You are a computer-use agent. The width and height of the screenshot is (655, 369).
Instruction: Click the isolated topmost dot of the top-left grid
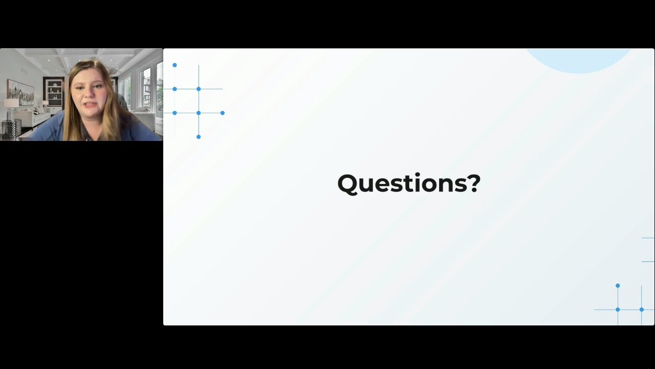point(174,65)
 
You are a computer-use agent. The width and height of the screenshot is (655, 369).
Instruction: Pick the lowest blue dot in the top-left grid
point(199,137)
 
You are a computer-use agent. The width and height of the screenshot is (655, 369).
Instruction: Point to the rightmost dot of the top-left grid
point(223,113)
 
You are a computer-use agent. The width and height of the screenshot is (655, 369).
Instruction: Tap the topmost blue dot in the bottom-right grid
point(618,285)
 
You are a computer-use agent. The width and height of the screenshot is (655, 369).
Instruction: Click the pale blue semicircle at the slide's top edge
point(579,60)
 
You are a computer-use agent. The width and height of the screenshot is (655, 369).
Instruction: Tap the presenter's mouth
point(90,105)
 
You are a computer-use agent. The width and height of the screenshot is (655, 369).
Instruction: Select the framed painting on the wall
point(21,92)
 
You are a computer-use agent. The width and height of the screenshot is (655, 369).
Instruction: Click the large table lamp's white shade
point(11,103)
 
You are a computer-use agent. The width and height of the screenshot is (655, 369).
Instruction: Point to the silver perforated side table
point(11,130)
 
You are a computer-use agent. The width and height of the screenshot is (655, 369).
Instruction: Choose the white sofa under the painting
point(34,118)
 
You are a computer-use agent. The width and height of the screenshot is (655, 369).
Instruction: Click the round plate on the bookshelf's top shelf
point(55,85)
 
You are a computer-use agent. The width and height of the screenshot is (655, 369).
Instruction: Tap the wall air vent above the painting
point(24,71)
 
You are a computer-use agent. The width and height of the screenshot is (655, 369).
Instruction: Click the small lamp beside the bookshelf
point(46,104)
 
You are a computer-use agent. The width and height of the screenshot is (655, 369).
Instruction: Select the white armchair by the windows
point(145,120)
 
